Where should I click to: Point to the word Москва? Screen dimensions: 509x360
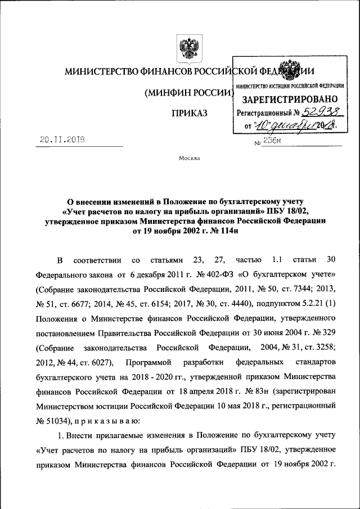coord(189,157)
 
